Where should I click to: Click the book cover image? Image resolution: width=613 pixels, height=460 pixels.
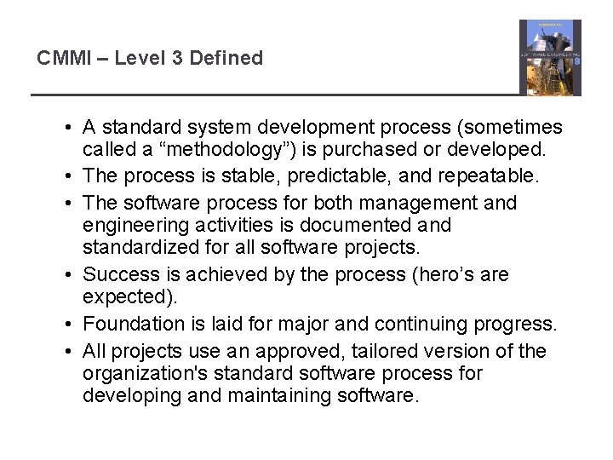tap(550, 58)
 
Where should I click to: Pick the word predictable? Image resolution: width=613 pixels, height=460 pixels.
tap(324, 176)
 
